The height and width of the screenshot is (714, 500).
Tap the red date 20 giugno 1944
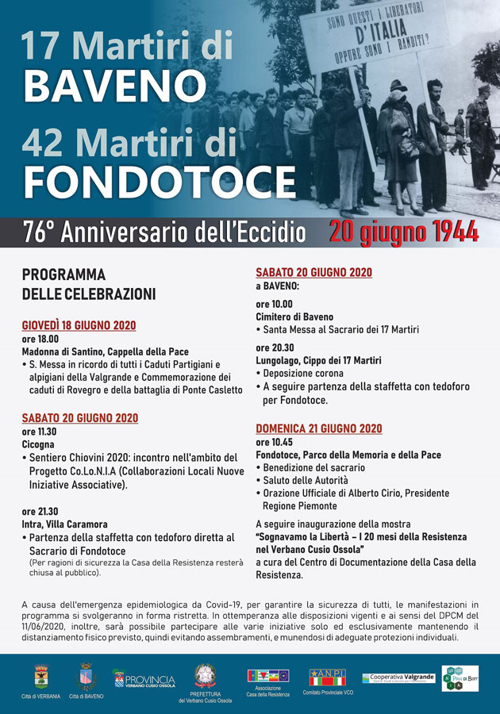(x=404, y=232)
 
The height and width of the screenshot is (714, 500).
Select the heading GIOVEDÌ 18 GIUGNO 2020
(x=79, y=325)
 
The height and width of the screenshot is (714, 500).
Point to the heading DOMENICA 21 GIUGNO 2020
(x=318, y=428)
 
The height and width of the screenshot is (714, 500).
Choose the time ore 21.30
(x=40, y=511)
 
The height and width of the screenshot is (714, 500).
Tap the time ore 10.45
(x=274, y=442)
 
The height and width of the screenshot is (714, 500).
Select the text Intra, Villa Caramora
(x=64, y=524)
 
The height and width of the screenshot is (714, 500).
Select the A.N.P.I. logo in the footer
(x=327, y=677)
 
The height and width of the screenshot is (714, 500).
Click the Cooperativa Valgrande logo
(x=398, y=678)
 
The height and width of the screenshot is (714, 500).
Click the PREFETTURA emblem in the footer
(x=205, y=676)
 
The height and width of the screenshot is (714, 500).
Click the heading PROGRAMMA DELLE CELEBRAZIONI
(x=88, y=284)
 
